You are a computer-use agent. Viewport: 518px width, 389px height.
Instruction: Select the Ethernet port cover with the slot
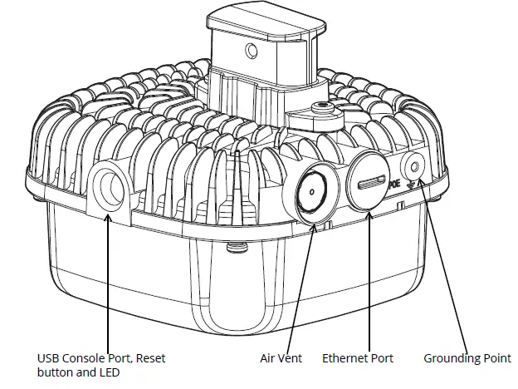pyautogui.click(x=368, y=181)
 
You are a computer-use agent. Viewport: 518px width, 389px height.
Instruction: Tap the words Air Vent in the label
pyautogui.click(x=279, y=358)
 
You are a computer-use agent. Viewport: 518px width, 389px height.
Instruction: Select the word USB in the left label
pyautogui.click(x=49, y=358)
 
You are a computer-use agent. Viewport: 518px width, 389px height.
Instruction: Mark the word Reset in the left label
pyautogui.click(x=150, y=358)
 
